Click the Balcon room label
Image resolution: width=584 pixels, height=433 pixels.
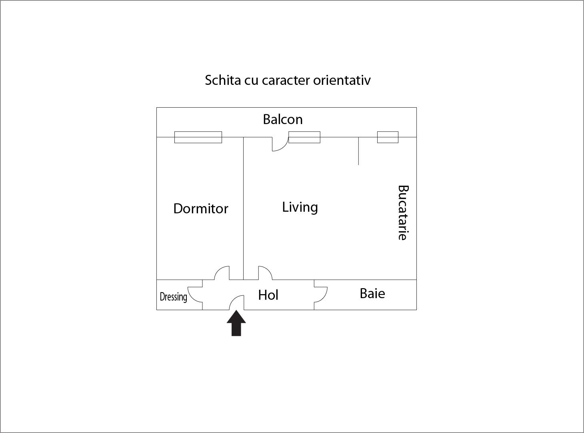point(282,119)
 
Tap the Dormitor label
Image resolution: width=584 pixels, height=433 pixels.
point(200,208)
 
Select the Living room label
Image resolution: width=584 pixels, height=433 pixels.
point(300,207)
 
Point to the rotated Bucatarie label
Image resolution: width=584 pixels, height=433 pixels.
point(402,212)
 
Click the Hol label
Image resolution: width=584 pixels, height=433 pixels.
point(268,295)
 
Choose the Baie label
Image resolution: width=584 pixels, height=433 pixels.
point(372,293)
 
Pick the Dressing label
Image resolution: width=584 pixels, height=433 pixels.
point(173,297)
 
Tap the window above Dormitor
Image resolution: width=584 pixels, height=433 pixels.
point(198,137)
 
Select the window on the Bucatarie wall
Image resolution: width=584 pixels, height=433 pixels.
point(388,137)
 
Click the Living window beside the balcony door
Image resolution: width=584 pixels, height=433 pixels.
point(304,137)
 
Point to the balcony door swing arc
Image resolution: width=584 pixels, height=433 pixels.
point(280,145)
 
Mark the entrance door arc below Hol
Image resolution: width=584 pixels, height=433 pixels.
point(236,302)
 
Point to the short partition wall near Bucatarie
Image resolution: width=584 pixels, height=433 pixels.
point(358,151)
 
